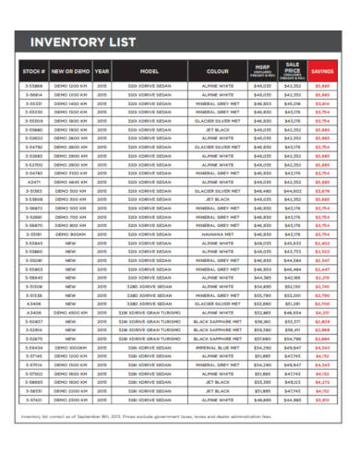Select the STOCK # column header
tap(33, 69)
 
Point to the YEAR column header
tap(102, 69)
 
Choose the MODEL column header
tap(150, 69)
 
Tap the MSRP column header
tap(262, 69)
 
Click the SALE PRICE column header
tap(294, 69)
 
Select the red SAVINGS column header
tap(323, 69)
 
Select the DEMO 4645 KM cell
tap(71, 182)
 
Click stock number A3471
tap(33, 182)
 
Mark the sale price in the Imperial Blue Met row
tap(294, 347)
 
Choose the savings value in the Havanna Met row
tap(323, 234)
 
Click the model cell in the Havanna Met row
tap(150, 234)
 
